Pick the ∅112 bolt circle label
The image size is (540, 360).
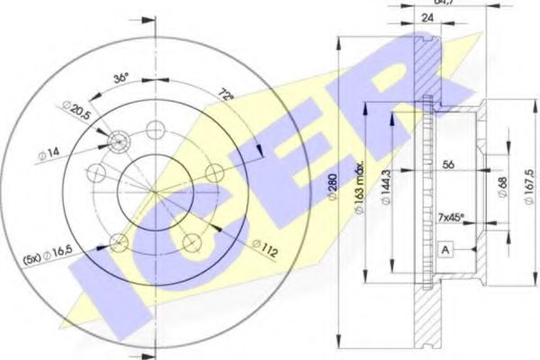tap(265, 245)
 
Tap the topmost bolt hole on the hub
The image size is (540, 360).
tap(154, 128)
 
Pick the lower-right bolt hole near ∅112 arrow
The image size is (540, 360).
tap(190, 241)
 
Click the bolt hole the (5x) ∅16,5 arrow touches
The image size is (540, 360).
tap(117, 240)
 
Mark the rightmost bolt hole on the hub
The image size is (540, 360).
tap(213, 172)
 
